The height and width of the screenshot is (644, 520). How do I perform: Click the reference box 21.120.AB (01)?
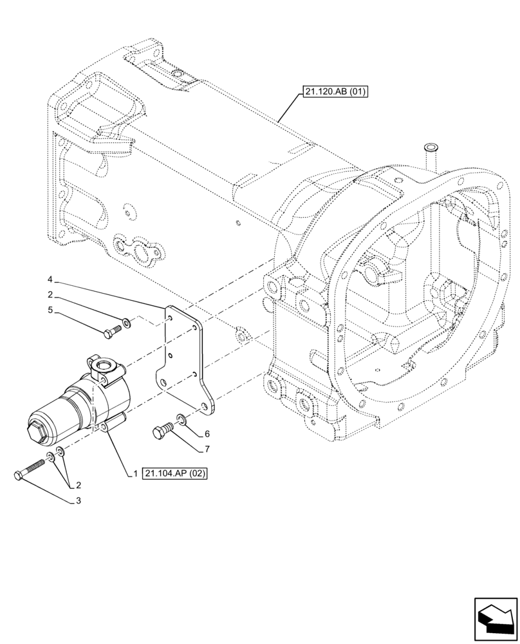pyautogui.click(x=333, y=92)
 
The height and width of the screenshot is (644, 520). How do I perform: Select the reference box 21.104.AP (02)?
pyautogui.click(x=178, y=473)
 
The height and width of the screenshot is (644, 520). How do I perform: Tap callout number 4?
pyautogui.click(x=50, y=280)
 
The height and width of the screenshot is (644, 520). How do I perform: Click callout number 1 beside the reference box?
pyautogui.click(x=136, y=473)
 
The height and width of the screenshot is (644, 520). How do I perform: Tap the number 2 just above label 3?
pyautogui.click(x=77, y=484)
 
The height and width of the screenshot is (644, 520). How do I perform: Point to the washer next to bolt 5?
pyautogui.click(x=127, y=321)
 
